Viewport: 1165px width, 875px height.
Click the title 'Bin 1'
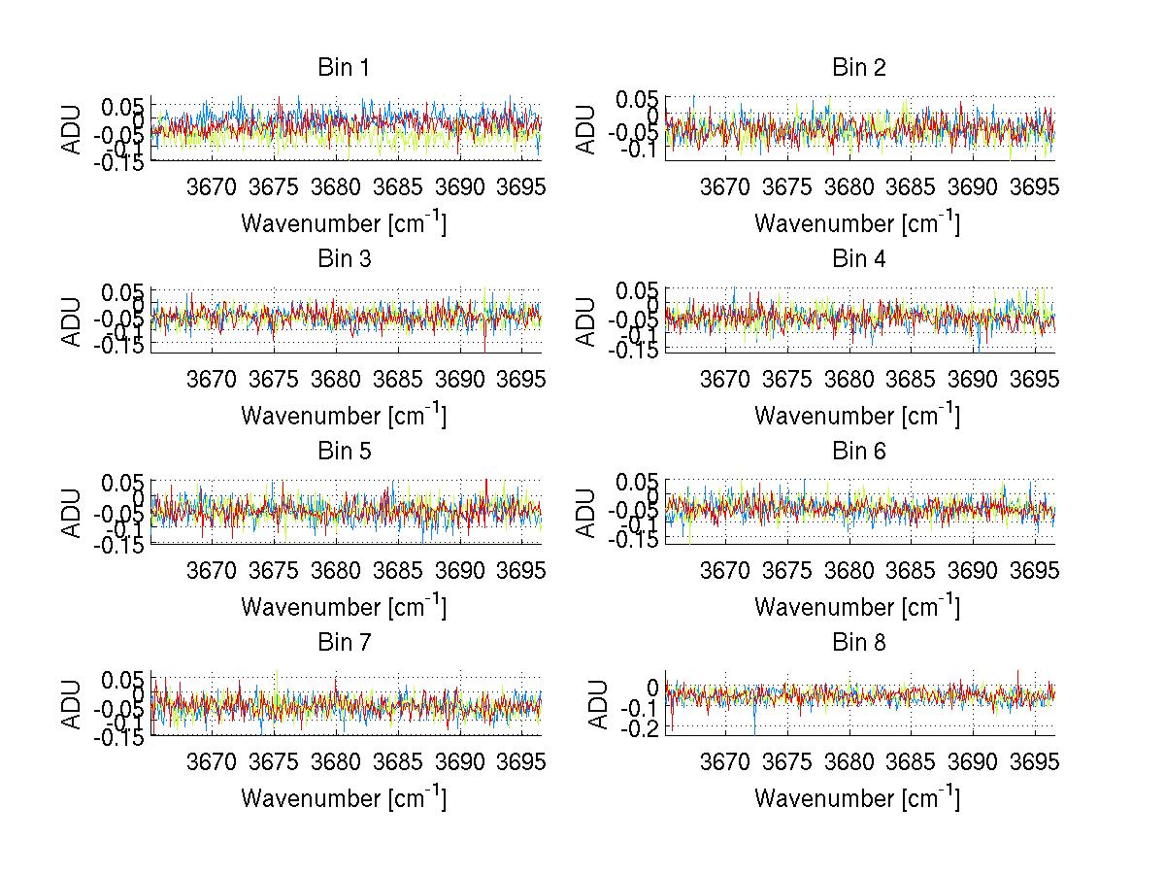344,68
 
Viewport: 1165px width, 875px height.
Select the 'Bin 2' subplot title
858,68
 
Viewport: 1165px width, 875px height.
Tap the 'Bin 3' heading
344,259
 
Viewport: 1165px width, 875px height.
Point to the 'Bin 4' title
858,259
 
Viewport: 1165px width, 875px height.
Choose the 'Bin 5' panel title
344,452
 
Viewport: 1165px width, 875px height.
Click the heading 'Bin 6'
858,452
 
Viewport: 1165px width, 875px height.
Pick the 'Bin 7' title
344,643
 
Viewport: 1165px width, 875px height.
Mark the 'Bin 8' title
858,643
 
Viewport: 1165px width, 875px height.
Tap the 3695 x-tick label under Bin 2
1033,187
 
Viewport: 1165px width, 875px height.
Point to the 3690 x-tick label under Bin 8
973,762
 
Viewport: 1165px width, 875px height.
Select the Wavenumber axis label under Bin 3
344,416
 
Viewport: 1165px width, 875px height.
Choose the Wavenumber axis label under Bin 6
858,607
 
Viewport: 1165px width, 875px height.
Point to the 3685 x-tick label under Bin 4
911,380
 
